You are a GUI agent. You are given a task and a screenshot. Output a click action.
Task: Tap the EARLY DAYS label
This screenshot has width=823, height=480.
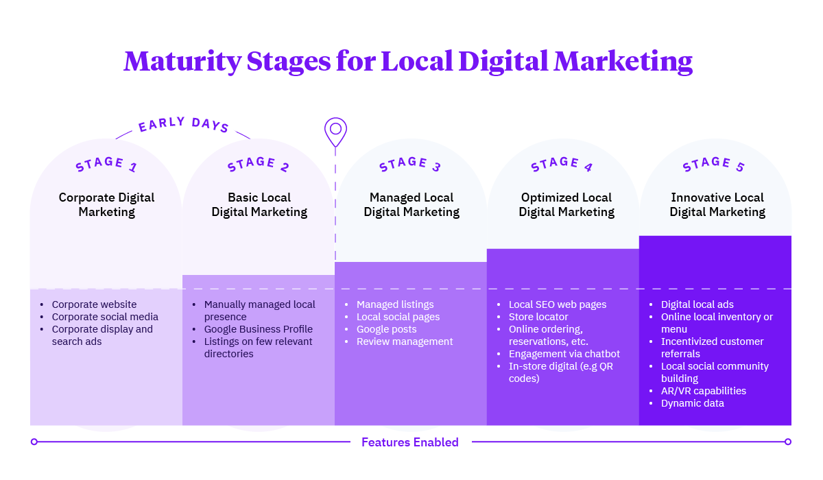pos(183,125)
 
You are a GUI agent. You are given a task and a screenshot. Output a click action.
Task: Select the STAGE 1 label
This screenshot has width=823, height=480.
pos(106,165)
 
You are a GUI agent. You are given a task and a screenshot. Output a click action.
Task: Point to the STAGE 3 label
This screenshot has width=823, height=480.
pos(410,165)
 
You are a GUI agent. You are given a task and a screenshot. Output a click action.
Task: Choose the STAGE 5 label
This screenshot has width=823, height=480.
pos(714,165)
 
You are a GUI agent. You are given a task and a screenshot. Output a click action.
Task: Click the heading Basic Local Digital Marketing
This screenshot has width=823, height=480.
pos(259,205)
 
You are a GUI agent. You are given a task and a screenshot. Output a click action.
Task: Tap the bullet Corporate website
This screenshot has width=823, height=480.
pos(94,304)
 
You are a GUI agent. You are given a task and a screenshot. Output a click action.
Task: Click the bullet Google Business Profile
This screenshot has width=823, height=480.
pos(258,329)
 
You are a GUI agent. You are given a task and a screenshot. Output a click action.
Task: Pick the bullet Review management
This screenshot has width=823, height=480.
pos(405,341)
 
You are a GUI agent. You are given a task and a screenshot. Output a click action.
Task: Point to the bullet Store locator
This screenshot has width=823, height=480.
pos(538,317)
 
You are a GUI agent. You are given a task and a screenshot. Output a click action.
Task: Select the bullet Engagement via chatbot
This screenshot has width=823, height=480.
pos(564,354)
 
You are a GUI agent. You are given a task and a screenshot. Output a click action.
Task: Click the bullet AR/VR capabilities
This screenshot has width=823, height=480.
pos(703,391)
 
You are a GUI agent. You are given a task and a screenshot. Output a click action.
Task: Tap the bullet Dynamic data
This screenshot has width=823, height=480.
pos(692,403)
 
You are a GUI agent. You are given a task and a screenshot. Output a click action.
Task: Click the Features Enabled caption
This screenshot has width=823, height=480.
pos(410,442)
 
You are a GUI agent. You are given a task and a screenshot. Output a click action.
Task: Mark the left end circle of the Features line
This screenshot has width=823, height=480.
pos(34,442)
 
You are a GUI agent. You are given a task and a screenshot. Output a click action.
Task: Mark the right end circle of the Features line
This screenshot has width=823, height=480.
pos(788,442)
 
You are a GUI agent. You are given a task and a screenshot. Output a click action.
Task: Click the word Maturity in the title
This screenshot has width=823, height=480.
pos(182,62)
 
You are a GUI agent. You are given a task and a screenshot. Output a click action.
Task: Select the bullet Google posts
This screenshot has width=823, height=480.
pos(386,329)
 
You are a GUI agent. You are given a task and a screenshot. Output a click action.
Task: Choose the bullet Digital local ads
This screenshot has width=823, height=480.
pos(697,304)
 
